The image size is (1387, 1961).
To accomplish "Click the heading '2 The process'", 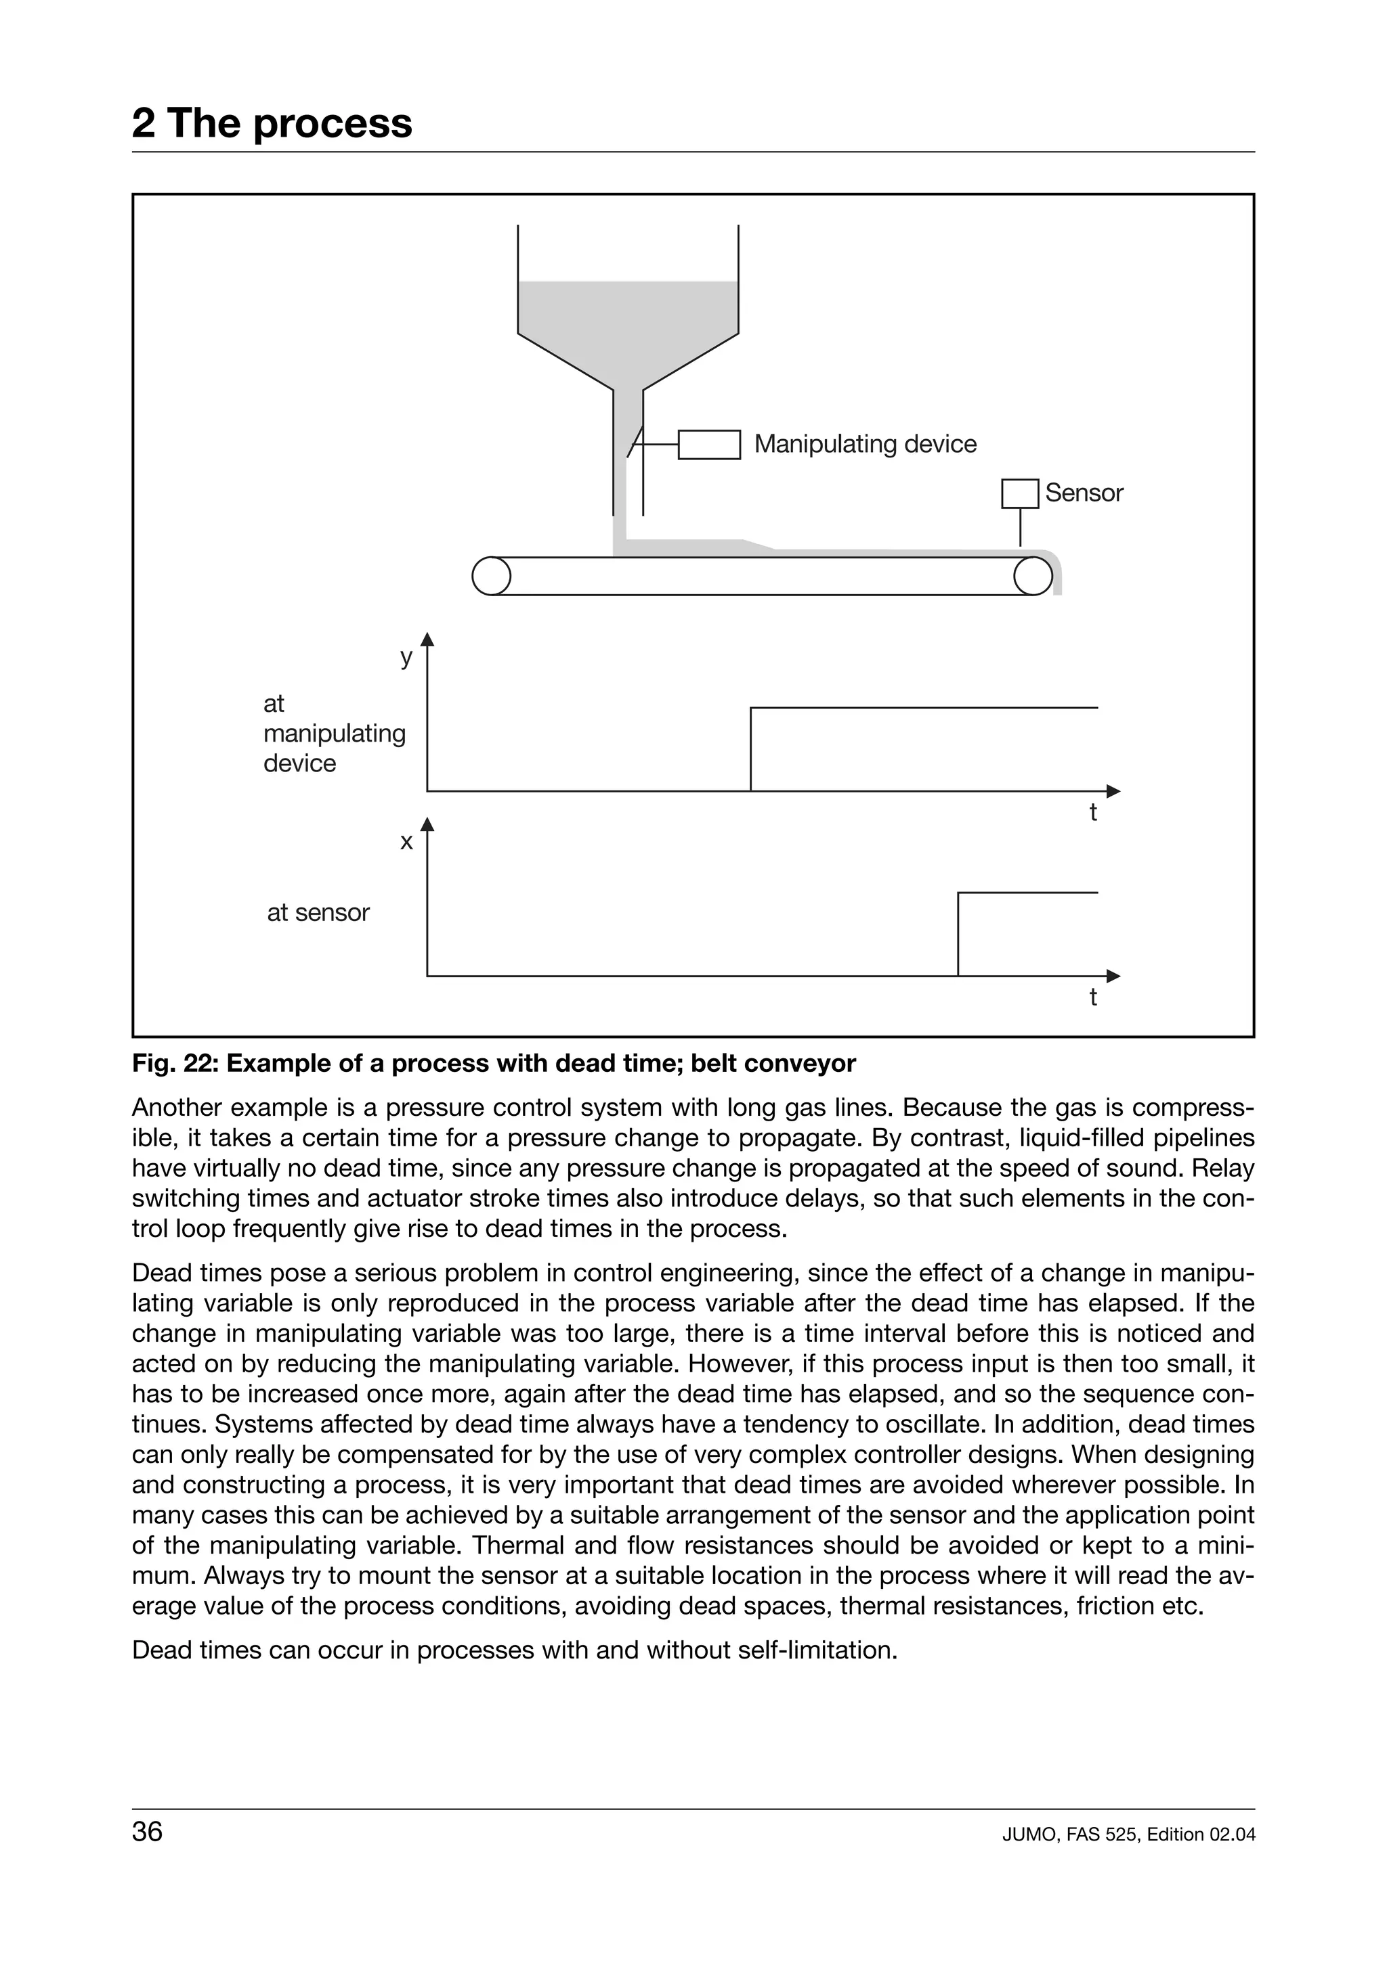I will pyautogui.click(x=272, y=123).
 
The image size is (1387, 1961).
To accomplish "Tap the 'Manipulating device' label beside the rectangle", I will pyautogui.click(x=864, y=444).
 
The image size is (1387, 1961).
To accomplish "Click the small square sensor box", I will pyautogui.click(x=1019, y=494).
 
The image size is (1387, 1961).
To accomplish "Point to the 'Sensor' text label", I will pyautogui.click(x=1083, y=493).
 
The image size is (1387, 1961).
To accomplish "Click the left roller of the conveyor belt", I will pyautogui.click(x=490, y=577).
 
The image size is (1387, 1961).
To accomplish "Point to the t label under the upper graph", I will pyautogui.click(x=1092, y=812).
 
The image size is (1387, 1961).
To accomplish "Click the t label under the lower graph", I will pyautogui.click(x=1092, y=997).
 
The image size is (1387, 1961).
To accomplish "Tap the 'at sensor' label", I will pyautogui.click(x=318, y=913).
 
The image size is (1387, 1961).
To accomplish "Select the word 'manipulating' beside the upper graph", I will pyautogui.click(x=334, y=734).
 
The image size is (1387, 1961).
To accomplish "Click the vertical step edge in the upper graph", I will pyautogui.click(x=750, y=750).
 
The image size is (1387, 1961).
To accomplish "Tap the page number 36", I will pyautogui.click(x=147, y=1831).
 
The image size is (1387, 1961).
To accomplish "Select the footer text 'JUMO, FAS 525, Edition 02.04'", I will pyautogui.click(x=1128, y=1834).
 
